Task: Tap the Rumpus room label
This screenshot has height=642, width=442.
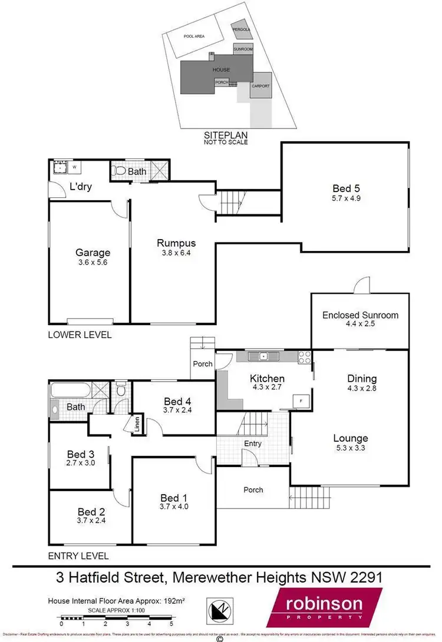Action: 176,243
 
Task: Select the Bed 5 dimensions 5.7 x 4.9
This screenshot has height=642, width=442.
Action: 345,199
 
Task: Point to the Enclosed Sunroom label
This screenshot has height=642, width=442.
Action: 360,315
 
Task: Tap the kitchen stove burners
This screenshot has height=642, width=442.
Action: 305,357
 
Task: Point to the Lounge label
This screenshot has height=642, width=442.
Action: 350,438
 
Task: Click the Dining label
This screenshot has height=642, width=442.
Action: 362,379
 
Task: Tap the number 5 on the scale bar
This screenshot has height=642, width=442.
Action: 171,623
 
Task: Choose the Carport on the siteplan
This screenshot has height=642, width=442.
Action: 260,86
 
